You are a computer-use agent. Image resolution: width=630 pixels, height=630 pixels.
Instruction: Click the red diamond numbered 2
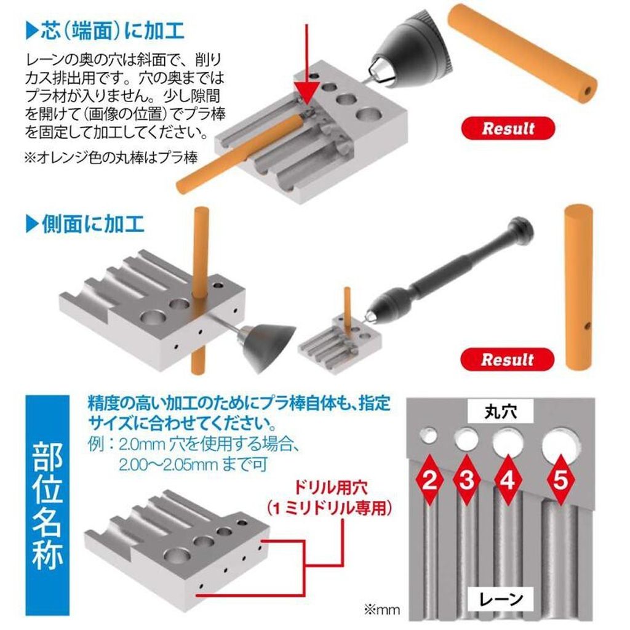pyautogui.click(x=429, y=480)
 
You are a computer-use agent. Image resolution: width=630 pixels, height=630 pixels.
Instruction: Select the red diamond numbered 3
pyautogui.click(x=466, y=480)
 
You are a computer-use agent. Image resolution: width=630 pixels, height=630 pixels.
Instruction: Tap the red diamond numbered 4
pyautogui.click(x=508, y=480)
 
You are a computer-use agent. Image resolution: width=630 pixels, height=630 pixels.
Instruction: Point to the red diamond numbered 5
pyautogui.click(x=560, y=480)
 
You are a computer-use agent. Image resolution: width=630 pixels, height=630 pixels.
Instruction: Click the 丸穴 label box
pyautogui.click(x=500, y=412)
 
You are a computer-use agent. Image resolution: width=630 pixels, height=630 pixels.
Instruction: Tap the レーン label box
pyautogui.click(x=501, y=599)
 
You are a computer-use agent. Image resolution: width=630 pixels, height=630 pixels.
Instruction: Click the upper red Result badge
pyautogui.click(x=508, y=129)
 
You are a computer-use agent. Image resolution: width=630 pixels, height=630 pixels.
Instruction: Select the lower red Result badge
pyautogui.click(x=508, y=359)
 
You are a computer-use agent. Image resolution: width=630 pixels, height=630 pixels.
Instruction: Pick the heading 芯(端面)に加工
pyautogui.click(x=105, y=31)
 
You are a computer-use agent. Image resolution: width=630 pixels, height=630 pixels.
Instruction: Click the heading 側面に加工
pyautogui.click(x=85, y=224)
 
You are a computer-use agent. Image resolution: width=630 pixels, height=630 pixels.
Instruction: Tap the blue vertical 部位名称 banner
pyautogui.click(x=47, y=506)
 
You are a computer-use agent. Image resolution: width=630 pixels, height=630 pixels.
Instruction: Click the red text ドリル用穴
pyautogui.click(x=330, y=488)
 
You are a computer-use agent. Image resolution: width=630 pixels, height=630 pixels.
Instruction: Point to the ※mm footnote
pyautogui.click(x=381, y=610)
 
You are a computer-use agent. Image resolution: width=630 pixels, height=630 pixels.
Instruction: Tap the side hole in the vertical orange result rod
pyautogui.click(x=588, y=324)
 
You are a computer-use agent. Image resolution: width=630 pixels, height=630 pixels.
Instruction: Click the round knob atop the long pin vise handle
pyautogui.click(x=522, y=228)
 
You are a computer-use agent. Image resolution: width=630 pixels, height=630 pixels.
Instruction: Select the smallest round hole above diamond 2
pyautogui.click(x=429, y=436)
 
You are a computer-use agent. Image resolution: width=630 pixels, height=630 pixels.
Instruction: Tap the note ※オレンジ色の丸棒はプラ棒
pyautogui.click(x=111, y=157)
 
